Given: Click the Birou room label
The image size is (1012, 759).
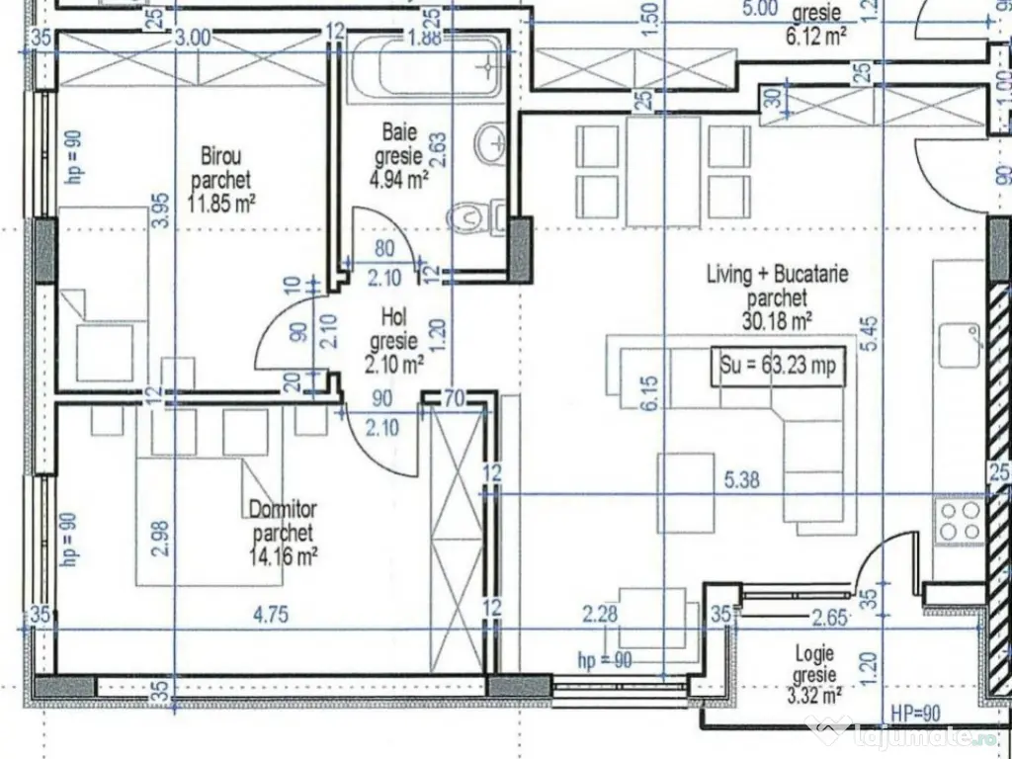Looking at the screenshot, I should coord(221,156).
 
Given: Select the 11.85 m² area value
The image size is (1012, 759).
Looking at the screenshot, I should coord(221,205).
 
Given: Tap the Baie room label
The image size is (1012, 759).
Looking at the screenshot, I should coord(399,131).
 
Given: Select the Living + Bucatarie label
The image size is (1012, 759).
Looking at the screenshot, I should coord(777,274).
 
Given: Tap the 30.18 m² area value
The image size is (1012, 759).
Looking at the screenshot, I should coord(777,320).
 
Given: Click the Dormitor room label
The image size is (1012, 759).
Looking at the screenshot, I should coord(283,510).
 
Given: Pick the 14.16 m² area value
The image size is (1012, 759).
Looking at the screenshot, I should coord(283,556).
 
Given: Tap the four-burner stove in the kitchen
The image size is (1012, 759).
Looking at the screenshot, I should coord(959,520).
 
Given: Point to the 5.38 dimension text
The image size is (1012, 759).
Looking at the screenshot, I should coord(742,481).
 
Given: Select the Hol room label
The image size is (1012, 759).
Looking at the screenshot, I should coord(397,317).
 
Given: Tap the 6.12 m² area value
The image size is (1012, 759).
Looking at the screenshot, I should coord(815,37).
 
